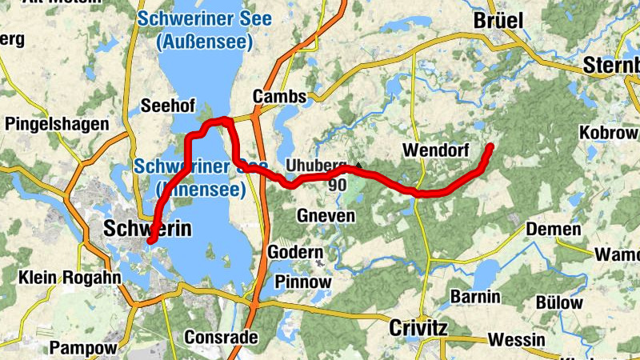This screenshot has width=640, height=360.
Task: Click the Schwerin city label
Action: [x=148, y=229]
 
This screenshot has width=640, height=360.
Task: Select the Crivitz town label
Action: [x=418, y=328]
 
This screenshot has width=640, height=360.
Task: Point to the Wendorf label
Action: [x=435, y=150]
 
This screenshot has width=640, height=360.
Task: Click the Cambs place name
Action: [x=279, y=97]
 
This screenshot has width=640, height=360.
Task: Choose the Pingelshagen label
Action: [x=56, y=124]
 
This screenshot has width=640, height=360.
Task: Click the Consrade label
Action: [x=221, y=337]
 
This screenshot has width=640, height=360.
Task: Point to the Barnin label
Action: [x=475, y=297]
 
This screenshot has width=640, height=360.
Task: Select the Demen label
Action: [x=554, y=230]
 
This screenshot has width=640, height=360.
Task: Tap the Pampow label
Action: [x=83, y=348]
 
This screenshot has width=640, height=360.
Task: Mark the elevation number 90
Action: [x=337, y=185]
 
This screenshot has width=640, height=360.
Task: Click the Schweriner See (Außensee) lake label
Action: [x=204, y=28]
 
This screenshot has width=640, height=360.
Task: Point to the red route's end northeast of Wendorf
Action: [x=490, y=146]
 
